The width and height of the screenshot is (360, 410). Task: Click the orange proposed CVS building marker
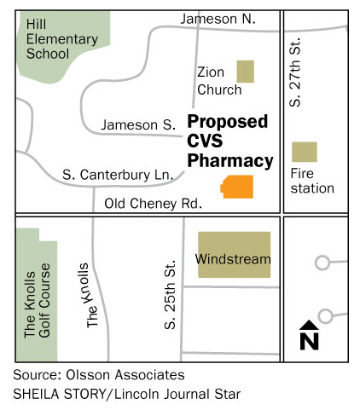(x=238, y=186)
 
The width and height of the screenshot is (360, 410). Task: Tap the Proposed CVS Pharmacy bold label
(x=230, y=141)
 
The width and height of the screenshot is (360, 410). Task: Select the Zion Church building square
(x=246, y=71)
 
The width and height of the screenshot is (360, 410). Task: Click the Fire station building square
(x=304, y=152)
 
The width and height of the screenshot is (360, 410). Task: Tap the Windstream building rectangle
(x=234, y=254)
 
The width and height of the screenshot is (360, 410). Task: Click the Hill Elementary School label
(x=49, y=39)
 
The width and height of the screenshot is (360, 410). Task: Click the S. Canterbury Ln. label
(x=118, y=175)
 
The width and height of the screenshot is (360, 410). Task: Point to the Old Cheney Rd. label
(x=153, y=204)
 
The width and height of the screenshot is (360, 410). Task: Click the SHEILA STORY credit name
(x=56, y=393)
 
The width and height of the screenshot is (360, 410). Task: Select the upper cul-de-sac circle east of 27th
(x=322, y=263)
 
